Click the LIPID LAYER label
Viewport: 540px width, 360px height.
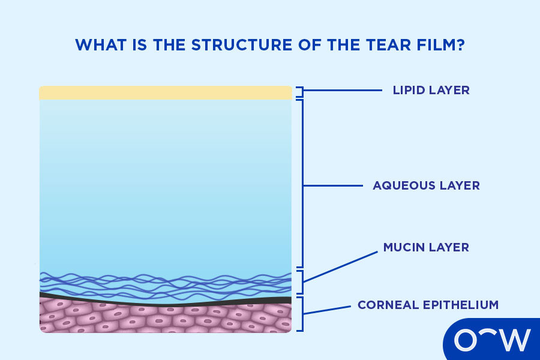(431, 91)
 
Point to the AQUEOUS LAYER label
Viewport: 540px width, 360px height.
(426, 185)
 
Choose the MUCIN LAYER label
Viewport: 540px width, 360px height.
(426, 247)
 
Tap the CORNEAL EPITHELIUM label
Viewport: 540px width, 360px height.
(428, 305)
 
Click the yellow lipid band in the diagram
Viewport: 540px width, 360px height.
(165, 92)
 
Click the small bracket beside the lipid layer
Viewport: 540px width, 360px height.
(301, 92)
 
